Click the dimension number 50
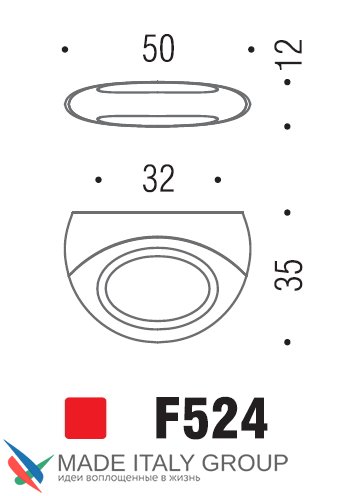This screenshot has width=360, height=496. [158, 49]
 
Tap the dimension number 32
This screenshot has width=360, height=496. [158, 179]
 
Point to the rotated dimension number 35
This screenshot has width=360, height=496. [289, 275]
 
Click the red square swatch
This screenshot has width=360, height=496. [86, 418]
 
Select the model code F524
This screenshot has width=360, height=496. [211, 418]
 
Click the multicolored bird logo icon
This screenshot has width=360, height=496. [28, 466]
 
